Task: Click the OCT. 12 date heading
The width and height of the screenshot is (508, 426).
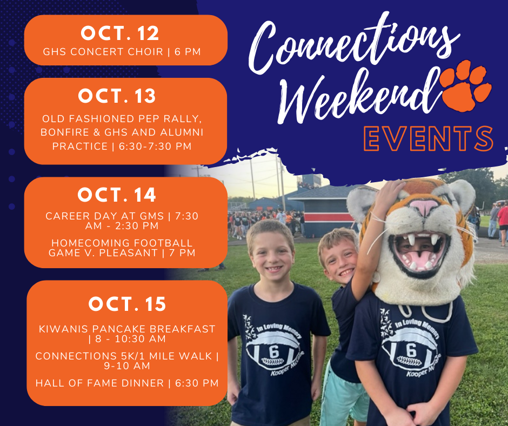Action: [x=120, y=34]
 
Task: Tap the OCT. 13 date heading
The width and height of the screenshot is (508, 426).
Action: [x=117, y=96]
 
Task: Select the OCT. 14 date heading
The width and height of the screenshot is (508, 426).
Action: [x=117, y=195]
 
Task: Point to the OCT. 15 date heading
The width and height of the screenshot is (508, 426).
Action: [x=128, y=304]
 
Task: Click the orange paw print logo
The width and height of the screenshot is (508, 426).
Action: [x=466, y=86]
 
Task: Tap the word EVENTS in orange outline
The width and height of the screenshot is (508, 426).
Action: [x=429, y=139]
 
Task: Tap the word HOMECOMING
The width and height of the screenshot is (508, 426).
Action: [x=90, y=243]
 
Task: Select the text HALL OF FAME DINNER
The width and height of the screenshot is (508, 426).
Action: [x=99, y=383]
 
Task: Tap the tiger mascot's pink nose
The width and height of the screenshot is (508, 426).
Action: [x=424, y=207]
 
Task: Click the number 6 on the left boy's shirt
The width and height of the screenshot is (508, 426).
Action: [x=274, y=352]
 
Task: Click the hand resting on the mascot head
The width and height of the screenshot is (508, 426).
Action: [x=392, y=191]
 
